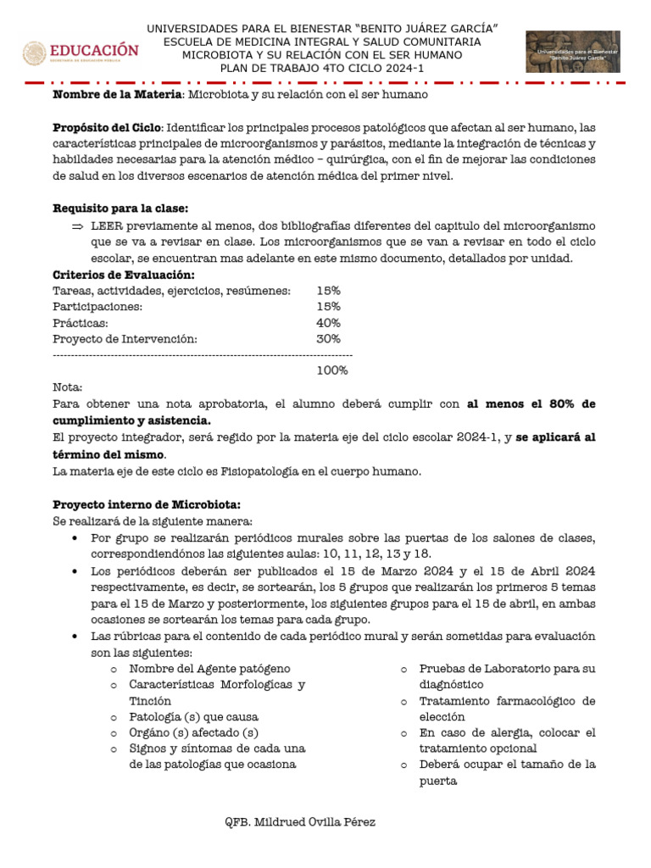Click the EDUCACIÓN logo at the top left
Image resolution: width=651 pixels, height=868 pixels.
click(81, 53)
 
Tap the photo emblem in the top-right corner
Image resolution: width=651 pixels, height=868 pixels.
click(573, 52)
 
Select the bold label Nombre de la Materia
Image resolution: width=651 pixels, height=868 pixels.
click(118, 94)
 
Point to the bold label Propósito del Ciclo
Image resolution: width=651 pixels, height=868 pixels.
click(105, 126)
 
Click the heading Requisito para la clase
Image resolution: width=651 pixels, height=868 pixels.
click(120, 209)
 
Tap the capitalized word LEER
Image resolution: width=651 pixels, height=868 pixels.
click(107, 225)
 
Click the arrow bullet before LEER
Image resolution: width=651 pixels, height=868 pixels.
click(77, 225)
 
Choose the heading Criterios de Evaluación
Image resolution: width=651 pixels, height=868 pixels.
click(124, 275)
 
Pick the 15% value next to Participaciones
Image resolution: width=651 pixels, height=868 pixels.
click(328, 307)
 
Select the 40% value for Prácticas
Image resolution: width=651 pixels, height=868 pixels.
click(328, 323)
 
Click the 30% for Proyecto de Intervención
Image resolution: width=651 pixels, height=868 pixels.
click(328, 339)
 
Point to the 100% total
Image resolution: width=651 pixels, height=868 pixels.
click(332, 370)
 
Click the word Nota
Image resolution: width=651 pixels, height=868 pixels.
click(68, 387)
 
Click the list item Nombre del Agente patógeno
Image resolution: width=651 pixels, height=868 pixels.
click(209, 669)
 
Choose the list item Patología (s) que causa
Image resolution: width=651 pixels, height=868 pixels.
click(193, 716)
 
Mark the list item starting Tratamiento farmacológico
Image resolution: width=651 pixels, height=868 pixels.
click(507, 701)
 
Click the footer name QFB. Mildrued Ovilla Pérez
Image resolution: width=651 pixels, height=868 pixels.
click(300, 822)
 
